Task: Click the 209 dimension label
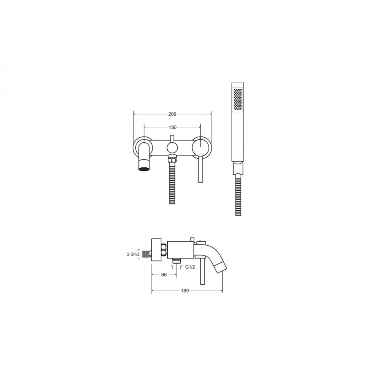click(172, 114)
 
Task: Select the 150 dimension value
click(173, 127)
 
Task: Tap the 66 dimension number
click(164, 275)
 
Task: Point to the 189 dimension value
click(185, 290)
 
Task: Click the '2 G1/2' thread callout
click(134, 255)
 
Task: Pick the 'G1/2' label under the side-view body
click(190, 267)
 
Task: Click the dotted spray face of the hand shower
click(238, 99)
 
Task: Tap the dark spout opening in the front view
click(144, 169)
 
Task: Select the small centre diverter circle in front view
click(172, 148)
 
